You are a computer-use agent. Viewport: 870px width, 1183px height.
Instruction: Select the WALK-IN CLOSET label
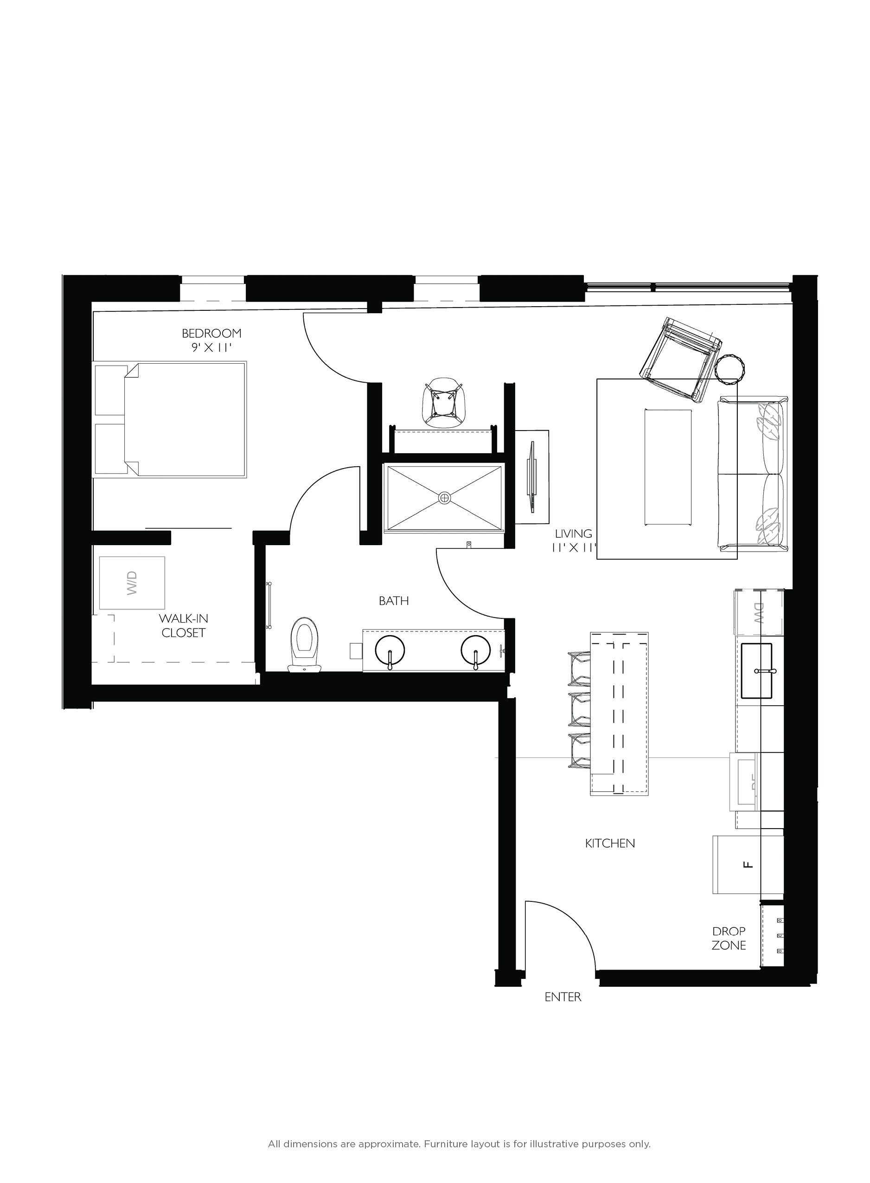(x=183, y=625)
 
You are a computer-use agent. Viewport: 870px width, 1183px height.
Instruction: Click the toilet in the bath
(x=306, y=643)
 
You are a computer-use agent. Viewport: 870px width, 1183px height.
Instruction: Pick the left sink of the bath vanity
(x=390, y=651)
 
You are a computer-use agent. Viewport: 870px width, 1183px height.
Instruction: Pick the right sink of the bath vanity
(x=475, y=651)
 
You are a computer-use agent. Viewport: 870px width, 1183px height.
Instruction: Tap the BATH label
(x=393, y=600)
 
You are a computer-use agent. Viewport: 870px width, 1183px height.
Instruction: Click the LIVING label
(x=573, y=534)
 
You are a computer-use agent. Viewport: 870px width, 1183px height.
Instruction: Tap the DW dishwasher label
(x=758, y=614)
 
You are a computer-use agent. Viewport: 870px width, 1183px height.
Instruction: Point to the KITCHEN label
(x=610, y=843)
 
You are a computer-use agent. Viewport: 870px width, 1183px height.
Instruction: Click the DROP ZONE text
(x=729, y=938)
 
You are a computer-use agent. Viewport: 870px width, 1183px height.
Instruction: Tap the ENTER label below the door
(x=563, y=997)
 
